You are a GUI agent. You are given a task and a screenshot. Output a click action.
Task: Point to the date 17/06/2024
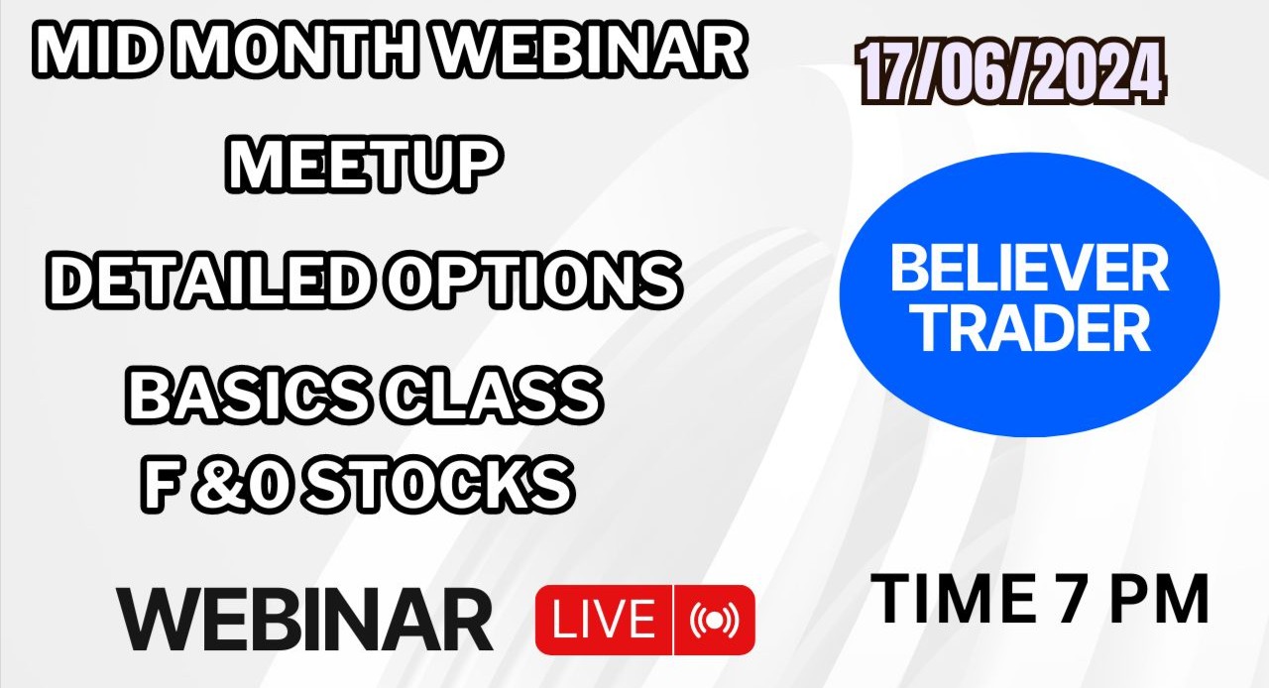[x=1010, y=72]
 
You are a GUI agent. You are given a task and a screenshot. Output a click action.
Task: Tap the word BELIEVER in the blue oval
[x=1030, y=270]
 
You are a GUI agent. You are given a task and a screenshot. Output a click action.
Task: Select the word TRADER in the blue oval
[x=1030, y=328]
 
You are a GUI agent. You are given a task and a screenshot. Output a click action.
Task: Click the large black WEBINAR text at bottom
[x=305, y=619]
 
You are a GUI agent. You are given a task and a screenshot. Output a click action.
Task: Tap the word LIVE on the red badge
[x=605, y=621]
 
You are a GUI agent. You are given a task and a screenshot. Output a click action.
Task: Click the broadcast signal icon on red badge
[x=713, y=621]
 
